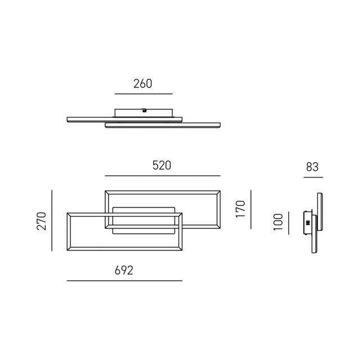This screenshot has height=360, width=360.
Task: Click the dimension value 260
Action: coord(143,84)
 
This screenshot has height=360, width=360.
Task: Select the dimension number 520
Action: coord(161,165)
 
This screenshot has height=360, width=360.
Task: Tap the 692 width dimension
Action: coord(124,271)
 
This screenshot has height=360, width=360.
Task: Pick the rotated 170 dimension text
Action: coord(241,208)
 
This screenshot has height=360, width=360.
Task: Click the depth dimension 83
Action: coord(312,166)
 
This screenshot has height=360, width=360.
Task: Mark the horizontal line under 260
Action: coord(143,93)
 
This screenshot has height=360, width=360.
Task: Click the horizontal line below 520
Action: coord(161,175)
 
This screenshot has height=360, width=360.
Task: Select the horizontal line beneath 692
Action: coord(124,280)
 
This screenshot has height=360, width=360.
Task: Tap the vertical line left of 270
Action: coord(51,220)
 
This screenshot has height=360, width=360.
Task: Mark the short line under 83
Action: coord(312,177)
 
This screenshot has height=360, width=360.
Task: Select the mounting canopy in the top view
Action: coord(143,112)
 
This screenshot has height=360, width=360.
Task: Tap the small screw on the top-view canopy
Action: coord(145,111)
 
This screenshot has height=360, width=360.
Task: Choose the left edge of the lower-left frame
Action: coord(68,232)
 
